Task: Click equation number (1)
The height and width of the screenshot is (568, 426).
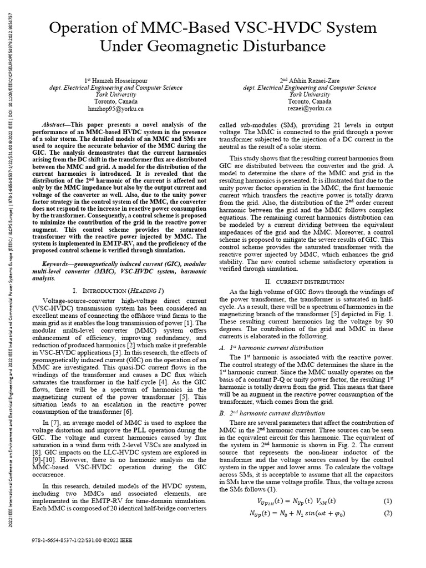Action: click(x=388, y=501)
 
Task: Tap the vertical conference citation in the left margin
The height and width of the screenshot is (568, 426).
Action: click(x=12, y=277)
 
